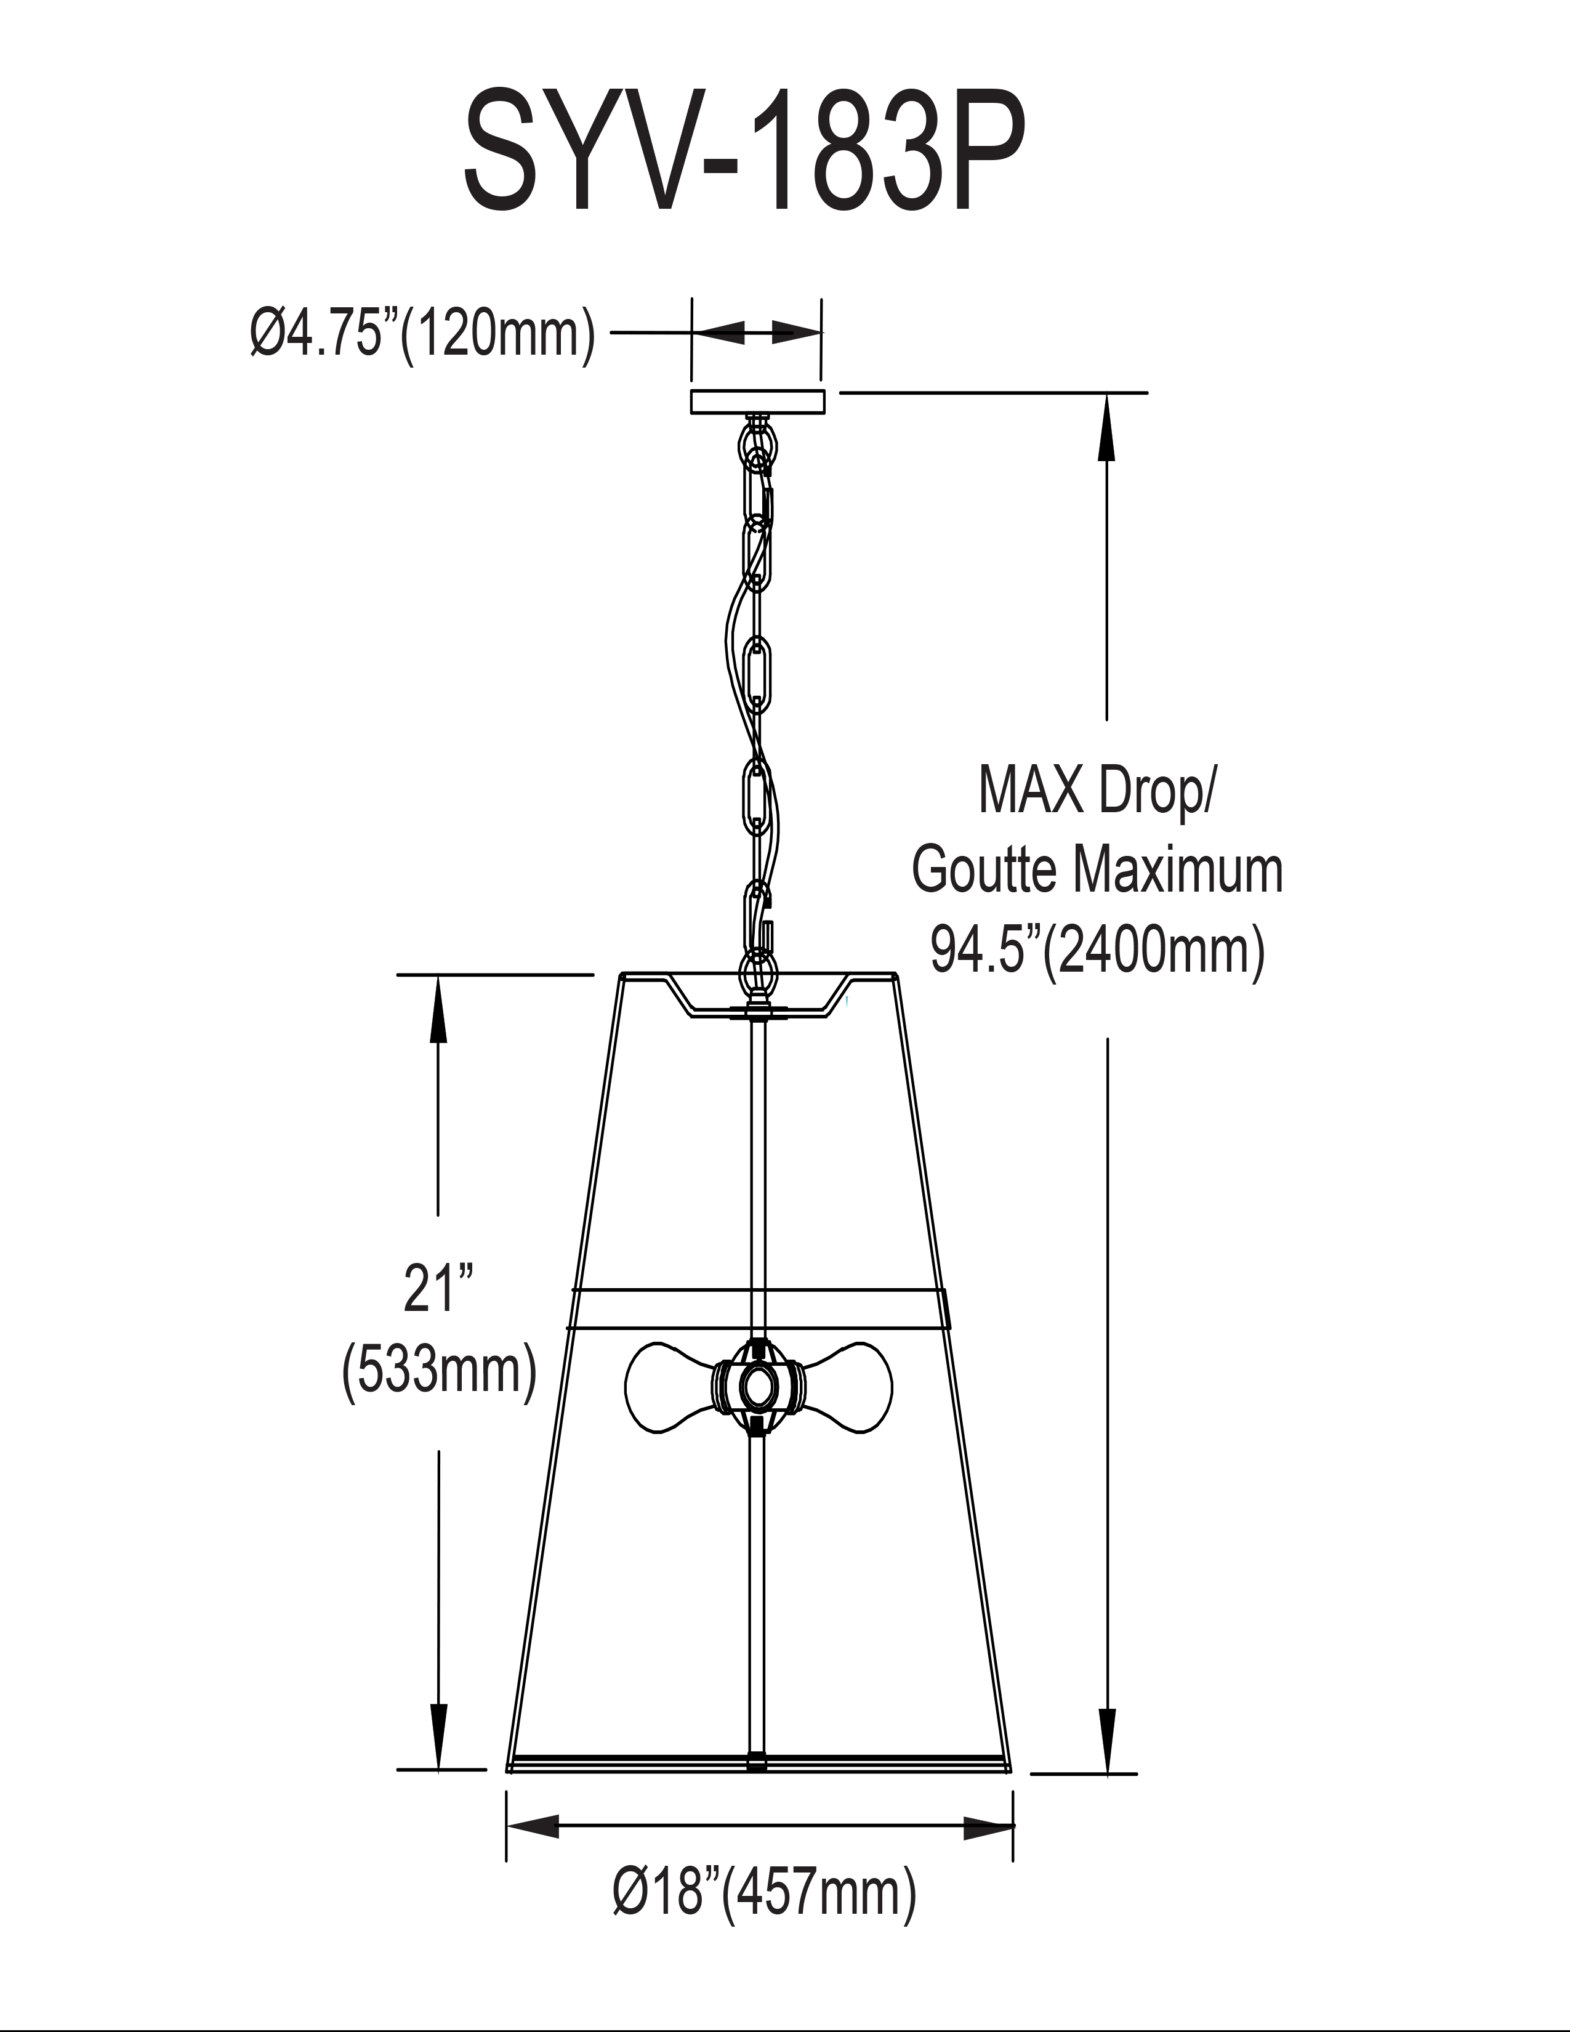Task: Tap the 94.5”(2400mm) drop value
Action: [x=1098, y=951]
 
